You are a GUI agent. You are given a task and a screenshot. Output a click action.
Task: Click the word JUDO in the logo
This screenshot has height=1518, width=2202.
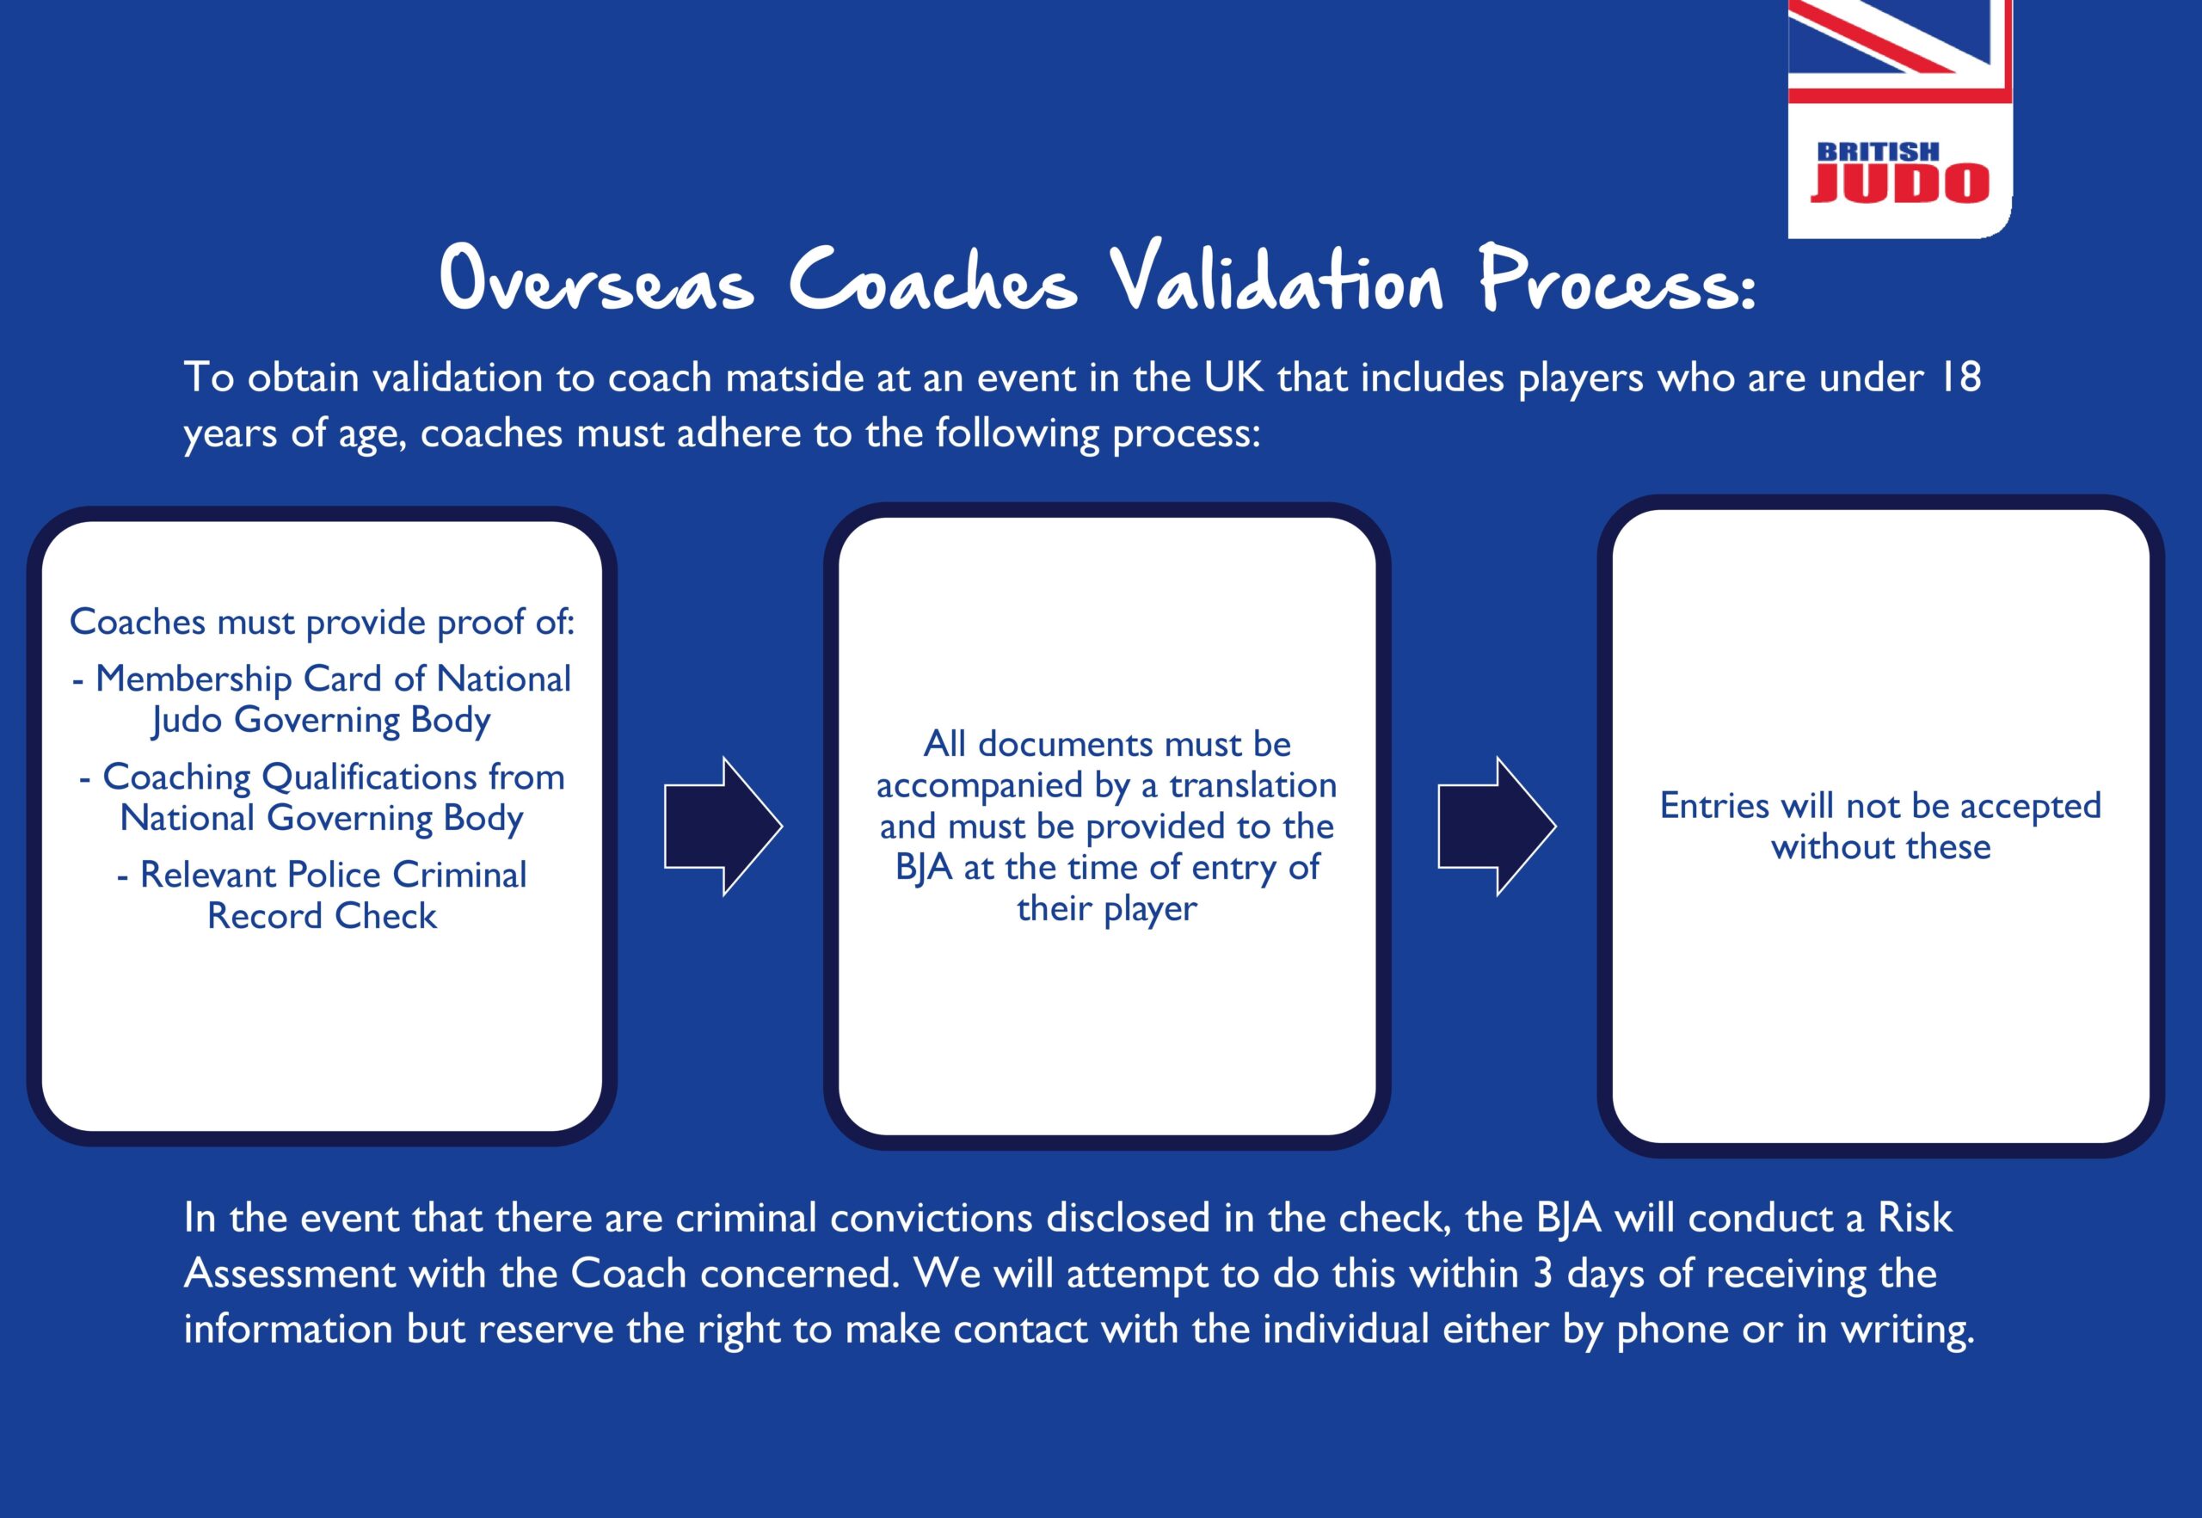[1899, 183]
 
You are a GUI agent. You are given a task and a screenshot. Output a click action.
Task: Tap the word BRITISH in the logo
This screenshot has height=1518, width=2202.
[1878, 151]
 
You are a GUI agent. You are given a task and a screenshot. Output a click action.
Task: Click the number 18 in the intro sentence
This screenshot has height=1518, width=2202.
[1959, 378]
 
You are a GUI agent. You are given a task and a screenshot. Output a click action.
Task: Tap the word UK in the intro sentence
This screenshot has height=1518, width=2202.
[1233, 378]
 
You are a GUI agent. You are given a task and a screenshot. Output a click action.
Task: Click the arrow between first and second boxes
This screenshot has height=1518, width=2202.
[723, 827]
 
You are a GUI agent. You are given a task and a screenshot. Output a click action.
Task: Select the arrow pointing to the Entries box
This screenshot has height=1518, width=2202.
[1498, 827]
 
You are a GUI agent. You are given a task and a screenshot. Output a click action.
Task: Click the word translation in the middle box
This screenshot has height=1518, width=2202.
[1252, 785]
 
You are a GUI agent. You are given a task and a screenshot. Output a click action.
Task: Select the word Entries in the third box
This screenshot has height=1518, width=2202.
[1715, 807]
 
